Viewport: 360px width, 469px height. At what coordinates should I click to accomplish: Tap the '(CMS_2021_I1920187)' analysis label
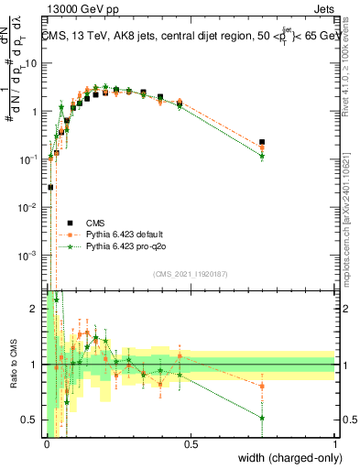(191, 273)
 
